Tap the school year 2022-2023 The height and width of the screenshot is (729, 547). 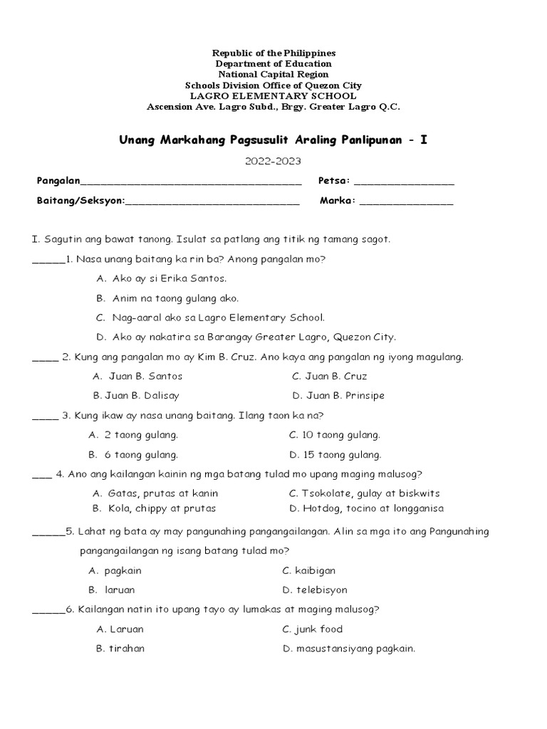[x=273, y=161]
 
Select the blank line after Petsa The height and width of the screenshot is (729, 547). [x=403, y=182]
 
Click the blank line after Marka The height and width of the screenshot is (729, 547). [x=406, y=201]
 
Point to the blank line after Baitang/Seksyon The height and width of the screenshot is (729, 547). [x=212, y=201]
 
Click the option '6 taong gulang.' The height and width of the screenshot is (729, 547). [x=141, y=454]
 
